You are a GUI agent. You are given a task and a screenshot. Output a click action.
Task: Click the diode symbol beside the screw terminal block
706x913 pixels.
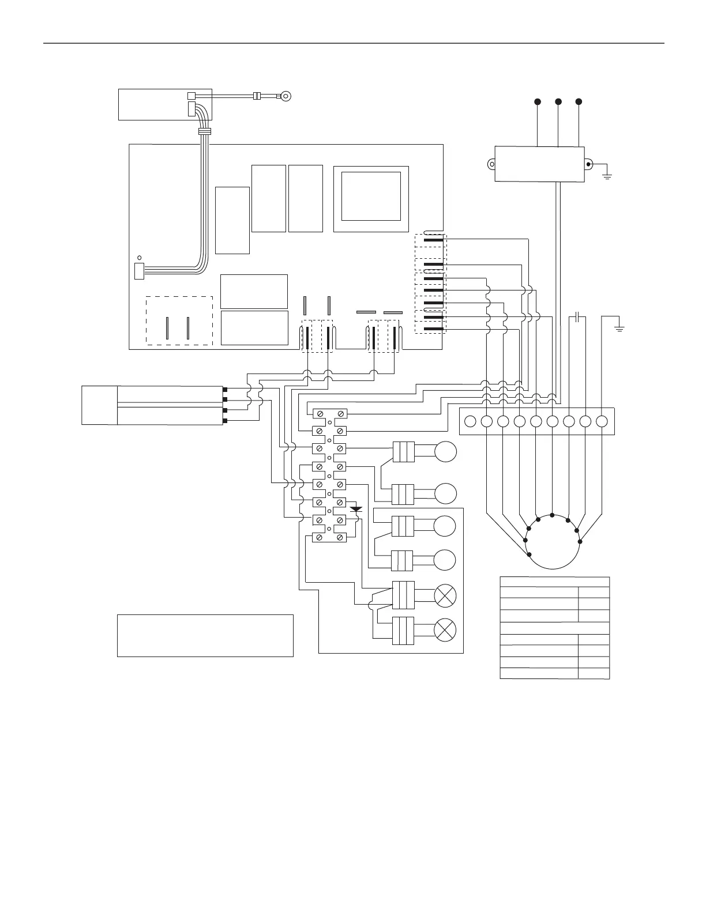click(x=356, y=509)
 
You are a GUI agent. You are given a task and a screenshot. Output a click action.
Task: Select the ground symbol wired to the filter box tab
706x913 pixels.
click(x=607, y=173)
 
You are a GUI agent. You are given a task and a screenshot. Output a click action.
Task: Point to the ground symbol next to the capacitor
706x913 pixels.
click(x=619, y=329)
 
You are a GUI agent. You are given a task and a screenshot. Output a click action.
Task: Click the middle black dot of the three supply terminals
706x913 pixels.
click(x=558, y=101)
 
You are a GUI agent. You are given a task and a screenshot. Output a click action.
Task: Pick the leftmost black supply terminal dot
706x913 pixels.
click(x=538, y=101)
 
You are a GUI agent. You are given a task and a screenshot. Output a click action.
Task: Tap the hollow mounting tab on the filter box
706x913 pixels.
click(x=490, y=164)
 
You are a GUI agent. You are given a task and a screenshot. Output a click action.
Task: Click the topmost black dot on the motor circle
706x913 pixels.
click(x=553, y=515)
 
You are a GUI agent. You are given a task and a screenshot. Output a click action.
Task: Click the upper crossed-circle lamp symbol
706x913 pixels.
click(x=445, y=595)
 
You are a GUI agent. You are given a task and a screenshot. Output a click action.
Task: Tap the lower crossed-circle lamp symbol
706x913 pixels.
click(x=445, y=629)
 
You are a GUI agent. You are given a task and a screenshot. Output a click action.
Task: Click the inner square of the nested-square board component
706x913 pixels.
click(x=371, y=196)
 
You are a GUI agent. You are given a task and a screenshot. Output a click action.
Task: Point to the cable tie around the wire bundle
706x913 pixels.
click(x=203, y=131)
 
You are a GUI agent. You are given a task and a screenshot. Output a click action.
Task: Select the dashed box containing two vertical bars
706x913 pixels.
click(x=179, y=320)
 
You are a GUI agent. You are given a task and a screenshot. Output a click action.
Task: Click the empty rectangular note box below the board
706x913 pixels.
click(x=205, y=635)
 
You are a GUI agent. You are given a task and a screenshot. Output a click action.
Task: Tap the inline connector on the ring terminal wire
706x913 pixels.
click(x=258, y=96)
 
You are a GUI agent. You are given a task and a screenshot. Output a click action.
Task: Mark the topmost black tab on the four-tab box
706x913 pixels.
click(x=224, y=390)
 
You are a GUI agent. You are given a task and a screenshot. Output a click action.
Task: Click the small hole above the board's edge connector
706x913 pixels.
click(x=138, y=257)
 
